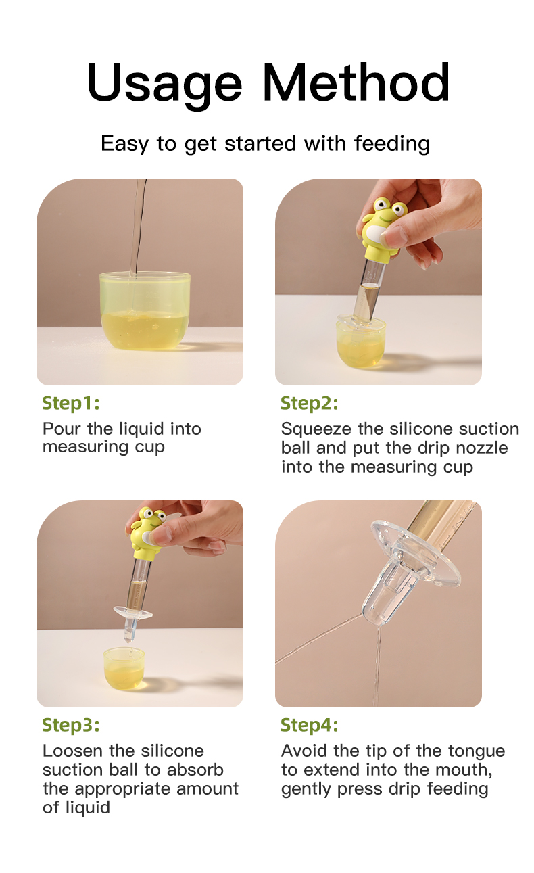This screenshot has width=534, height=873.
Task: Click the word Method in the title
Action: point(356,82)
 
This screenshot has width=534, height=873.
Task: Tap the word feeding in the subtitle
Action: point(392,144)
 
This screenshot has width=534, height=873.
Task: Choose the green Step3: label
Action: point(71,724)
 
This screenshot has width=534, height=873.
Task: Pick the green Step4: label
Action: point(310,724)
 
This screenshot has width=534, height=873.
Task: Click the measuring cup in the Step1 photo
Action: point(145,310)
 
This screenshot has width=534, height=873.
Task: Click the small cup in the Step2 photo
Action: point(361,341)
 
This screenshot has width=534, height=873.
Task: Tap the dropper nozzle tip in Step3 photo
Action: point(128,640)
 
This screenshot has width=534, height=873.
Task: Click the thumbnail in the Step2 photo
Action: point(394,237)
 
